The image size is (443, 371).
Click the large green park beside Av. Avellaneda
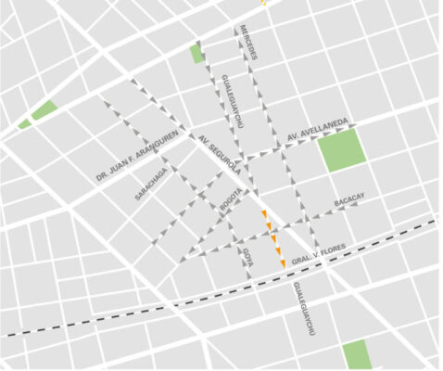pyautogui.click(x=341, y=149)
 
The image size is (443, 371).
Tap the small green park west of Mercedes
pyautogui.click(x=196, y=53)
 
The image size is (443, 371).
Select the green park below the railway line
pyautogui.click(x=356, y=355)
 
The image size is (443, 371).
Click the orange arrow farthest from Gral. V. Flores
pyautogui.click(x=264, y=215)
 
